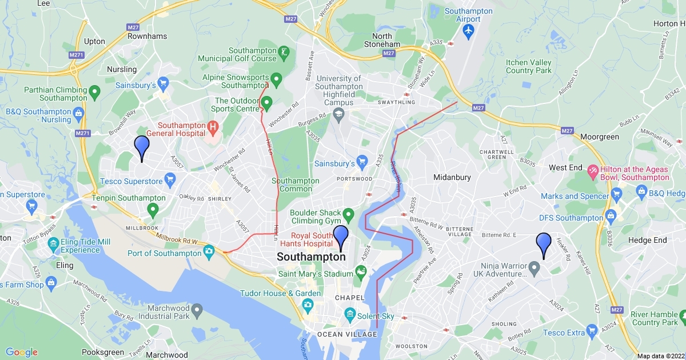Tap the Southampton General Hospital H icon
click(x=213, y=126)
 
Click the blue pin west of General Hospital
click(x=142, y=147)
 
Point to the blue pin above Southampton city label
click(x=341, y=237)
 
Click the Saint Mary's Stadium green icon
click(x=361, y=270)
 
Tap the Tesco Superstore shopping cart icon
click(x=170, y=181)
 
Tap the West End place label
click(x=565, y=167)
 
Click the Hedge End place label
click(x=648, y=241)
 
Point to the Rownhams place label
click(x=148, y=36)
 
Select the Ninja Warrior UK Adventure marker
click(x=534, y=267)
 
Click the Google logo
click(x=22, y=352)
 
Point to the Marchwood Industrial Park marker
click(x=197, y=311)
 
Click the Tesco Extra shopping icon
click(x=592, y=330)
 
